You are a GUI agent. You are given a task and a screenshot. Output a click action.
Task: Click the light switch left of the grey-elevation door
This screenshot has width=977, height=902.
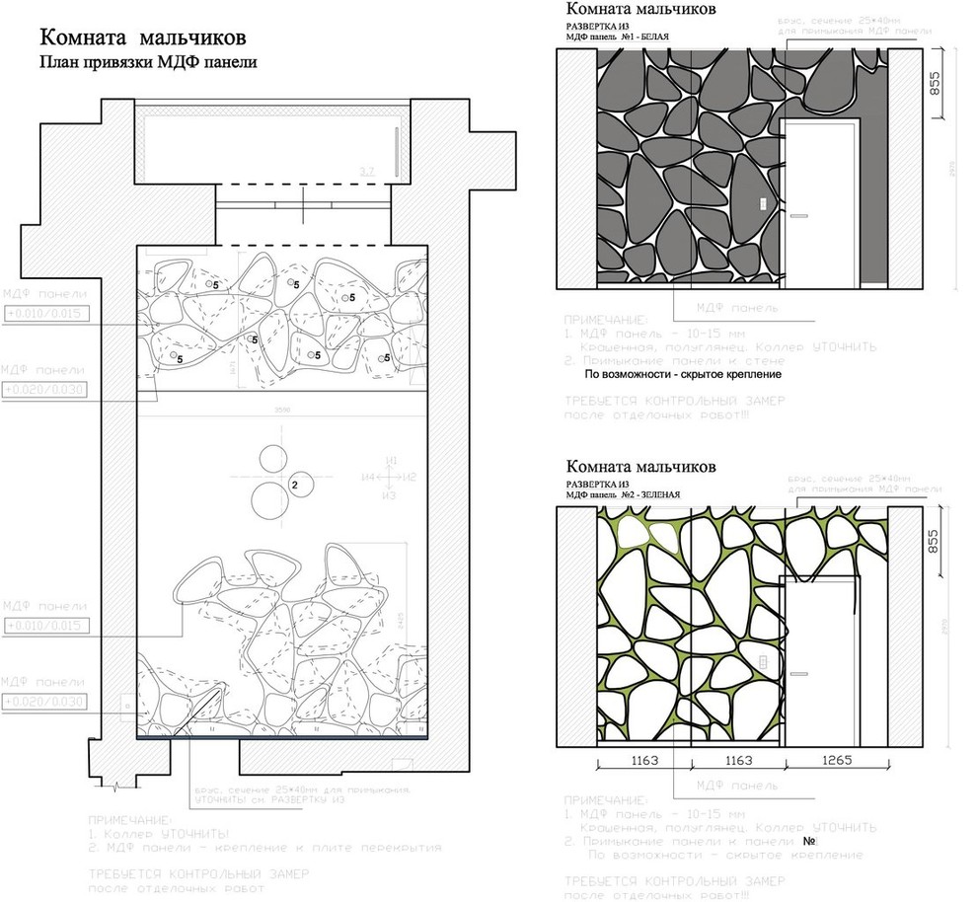[764, 204]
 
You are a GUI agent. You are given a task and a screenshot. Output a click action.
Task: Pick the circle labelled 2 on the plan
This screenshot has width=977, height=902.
[295, 485]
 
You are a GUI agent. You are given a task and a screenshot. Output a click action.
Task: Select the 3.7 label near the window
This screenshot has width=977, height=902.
[368, 172]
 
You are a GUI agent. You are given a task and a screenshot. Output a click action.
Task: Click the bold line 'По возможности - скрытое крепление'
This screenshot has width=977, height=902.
[683, 374]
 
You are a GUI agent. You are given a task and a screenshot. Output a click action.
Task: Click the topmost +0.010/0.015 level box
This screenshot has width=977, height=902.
[45, 314]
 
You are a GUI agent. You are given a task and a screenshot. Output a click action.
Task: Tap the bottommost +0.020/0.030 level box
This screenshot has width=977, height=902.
[45, 701]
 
